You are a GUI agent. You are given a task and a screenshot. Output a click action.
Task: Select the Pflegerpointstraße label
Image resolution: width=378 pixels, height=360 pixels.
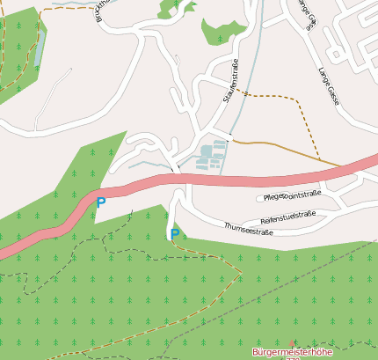point(292,195)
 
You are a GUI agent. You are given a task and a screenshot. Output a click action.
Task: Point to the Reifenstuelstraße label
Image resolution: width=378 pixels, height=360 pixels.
point(287,215)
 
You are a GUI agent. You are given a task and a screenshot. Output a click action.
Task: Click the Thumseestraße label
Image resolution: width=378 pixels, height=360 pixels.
point(249,231)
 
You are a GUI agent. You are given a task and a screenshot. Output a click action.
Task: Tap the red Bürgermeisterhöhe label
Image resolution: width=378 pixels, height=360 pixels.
point(292,352)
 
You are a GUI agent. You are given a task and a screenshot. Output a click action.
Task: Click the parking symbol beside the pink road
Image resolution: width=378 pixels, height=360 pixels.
point(100,202)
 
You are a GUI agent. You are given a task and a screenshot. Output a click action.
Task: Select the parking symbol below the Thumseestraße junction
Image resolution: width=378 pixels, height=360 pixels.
point(174,234)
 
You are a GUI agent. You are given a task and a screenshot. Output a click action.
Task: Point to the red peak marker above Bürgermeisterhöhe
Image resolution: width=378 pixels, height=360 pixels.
point(293,342)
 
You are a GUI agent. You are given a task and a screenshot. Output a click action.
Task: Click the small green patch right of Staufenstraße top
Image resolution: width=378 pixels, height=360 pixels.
point(220,31)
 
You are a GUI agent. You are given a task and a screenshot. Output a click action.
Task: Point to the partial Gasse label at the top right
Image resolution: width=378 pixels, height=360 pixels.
point(304,14)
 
